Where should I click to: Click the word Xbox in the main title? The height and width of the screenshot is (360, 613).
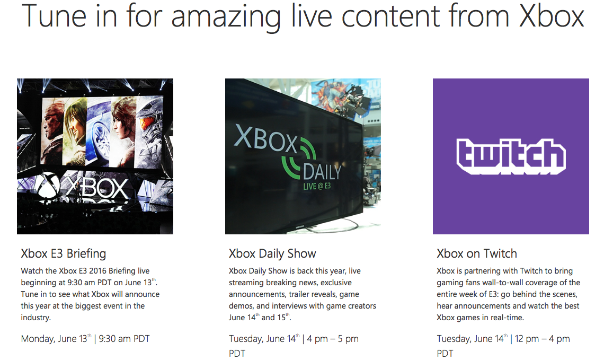coord(551,16)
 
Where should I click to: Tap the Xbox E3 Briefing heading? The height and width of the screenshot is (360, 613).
coord(64,253)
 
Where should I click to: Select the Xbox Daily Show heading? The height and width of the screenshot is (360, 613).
coord(272,253)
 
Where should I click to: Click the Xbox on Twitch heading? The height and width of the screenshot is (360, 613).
coord(477,253)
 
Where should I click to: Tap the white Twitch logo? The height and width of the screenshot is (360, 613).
coord(511,156)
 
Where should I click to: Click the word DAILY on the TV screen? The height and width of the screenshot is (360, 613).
coord(322,172)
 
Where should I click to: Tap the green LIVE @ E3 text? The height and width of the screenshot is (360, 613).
coord(317,186)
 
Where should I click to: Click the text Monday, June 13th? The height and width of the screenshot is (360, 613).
coord(56,338)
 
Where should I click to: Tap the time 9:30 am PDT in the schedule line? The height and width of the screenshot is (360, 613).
coord(125,338)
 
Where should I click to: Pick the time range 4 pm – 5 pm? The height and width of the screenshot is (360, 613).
coord(333,339)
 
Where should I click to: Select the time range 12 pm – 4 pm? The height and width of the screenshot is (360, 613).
coord(542,339)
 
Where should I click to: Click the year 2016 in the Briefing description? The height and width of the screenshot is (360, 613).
coord(97,271)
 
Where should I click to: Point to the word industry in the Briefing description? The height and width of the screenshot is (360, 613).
coord(35,318)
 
